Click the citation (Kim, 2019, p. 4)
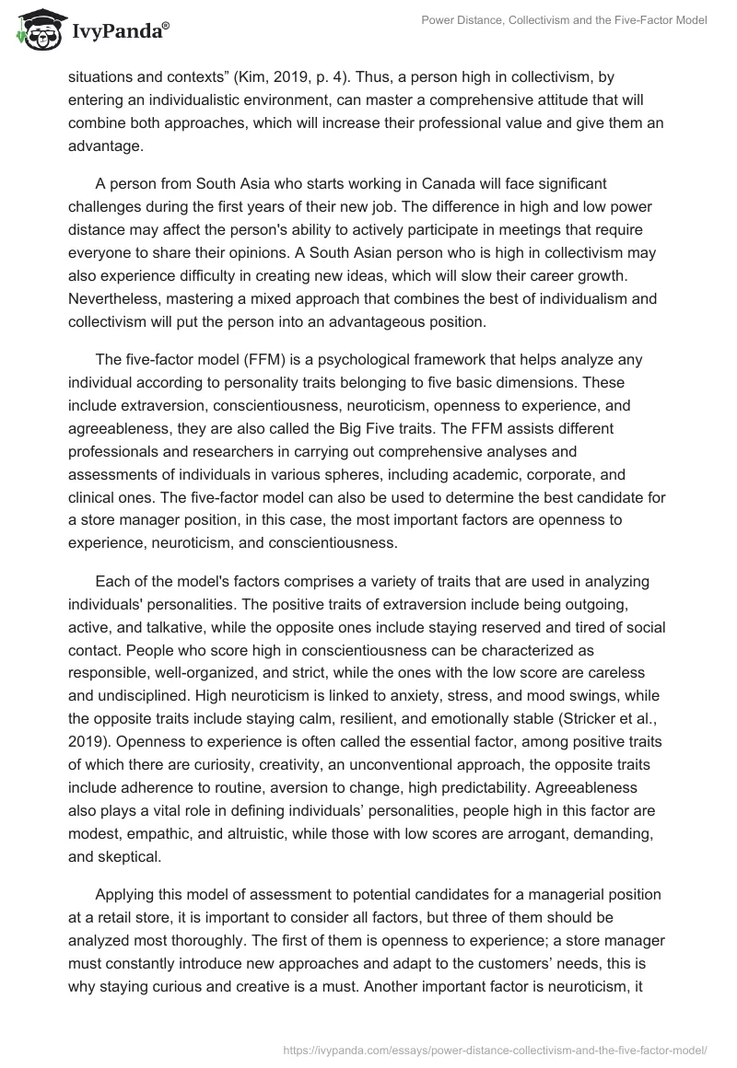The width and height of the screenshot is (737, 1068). tap(301, 80)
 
